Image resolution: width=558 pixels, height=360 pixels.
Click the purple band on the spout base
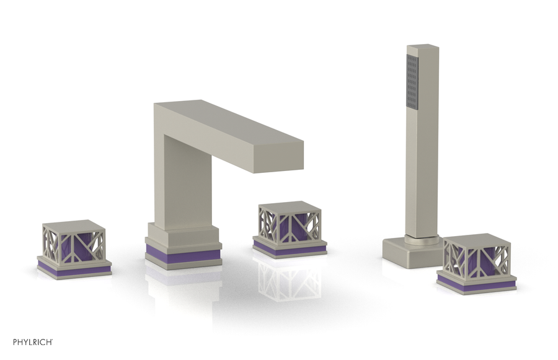click(184, 252)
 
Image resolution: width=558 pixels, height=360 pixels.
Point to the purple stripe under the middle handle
click(290, 249)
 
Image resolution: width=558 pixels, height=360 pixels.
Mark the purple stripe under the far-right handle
click(476, 285)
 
